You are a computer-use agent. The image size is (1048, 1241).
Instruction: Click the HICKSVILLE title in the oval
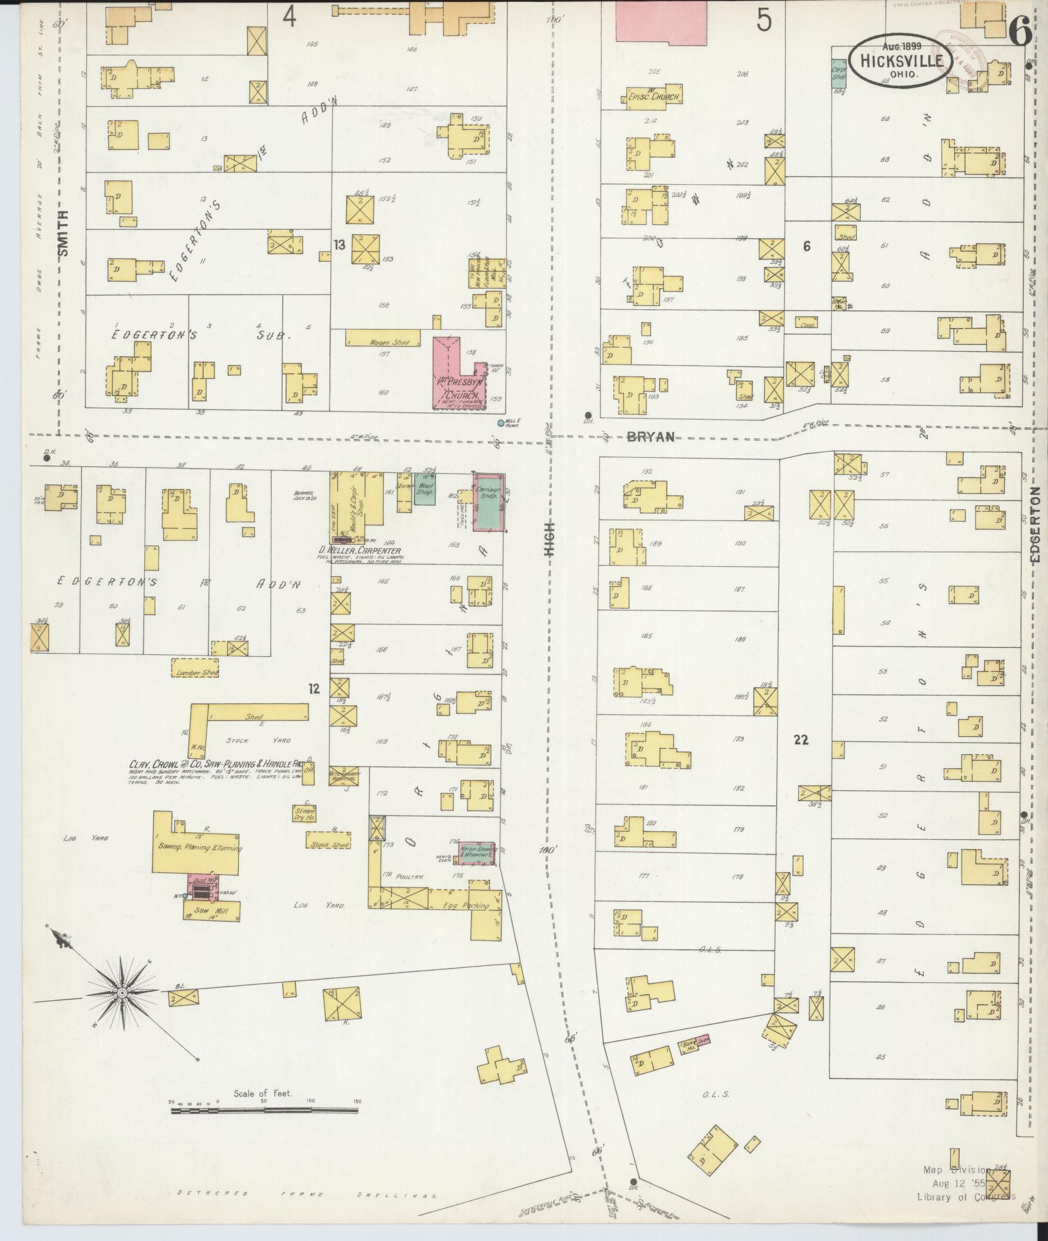pyautogui.click(x=899, y=61)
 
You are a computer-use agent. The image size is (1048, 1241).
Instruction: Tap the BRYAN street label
pyautogui.click(x=651, y=437)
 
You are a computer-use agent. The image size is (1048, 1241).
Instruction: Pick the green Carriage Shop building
pyautogui.click(x=489, y=502)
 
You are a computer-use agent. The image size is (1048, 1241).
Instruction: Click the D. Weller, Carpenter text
pyautogui.click(x=360, y=551)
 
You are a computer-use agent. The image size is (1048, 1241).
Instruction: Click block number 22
pyautogui.click(x=801, y=740)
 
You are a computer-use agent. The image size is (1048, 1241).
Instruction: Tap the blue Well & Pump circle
pyautogui.click(x=500, y=423)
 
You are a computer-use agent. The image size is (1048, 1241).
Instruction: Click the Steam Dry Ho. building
pyautogui.click(x=304, y=813)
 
